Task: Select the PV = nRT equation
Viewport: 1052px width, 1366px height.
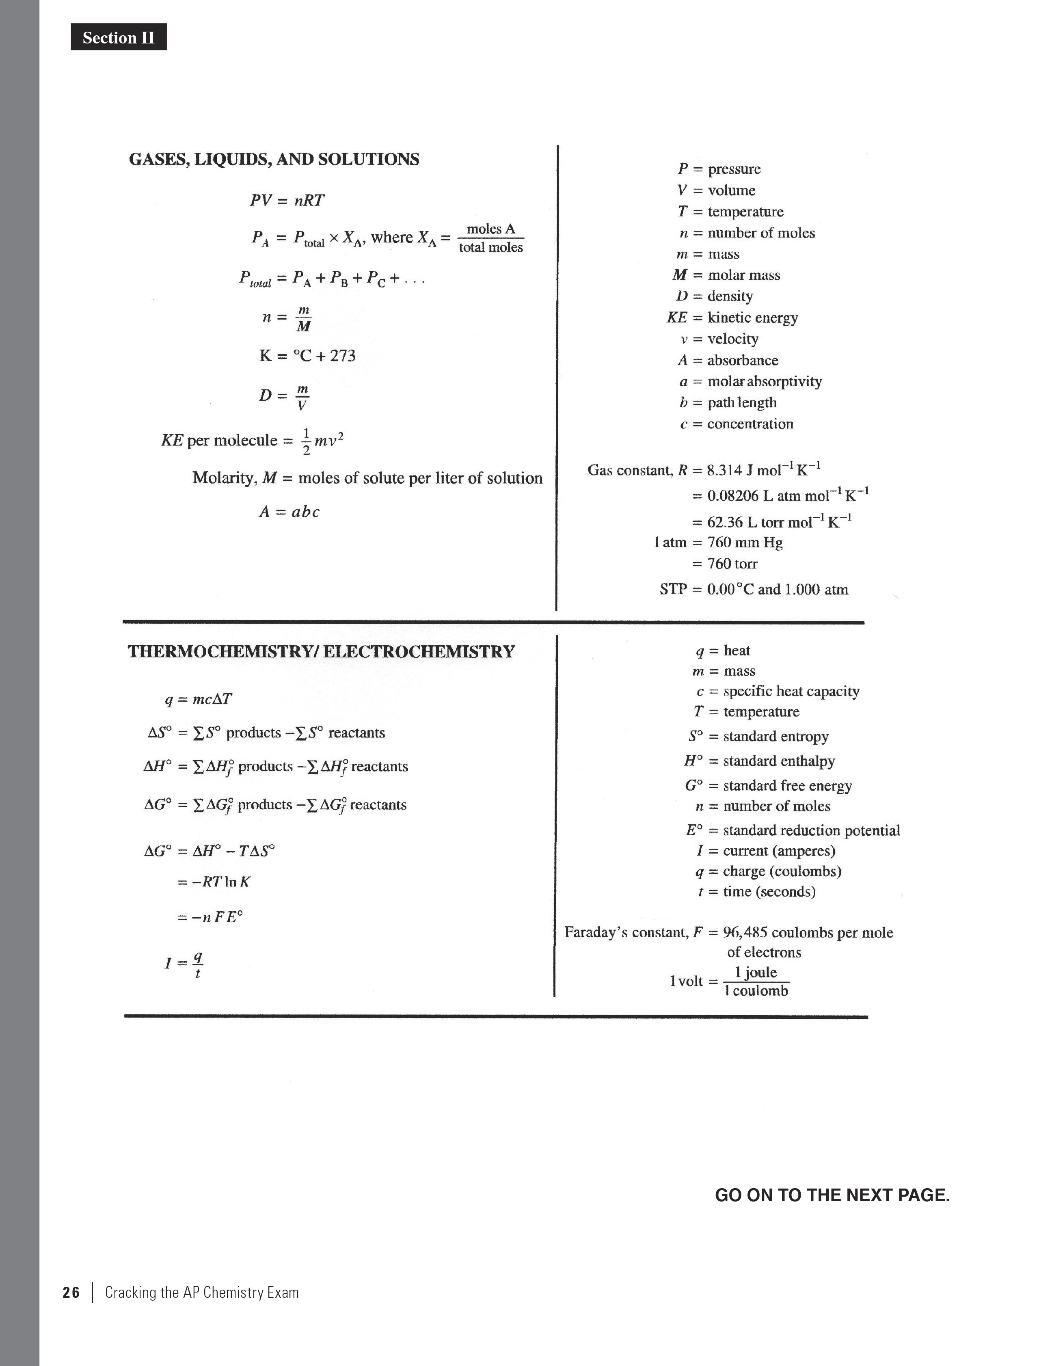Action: (x=287, y=200)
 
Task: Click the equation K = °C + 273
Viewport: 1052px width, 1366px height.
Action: (x=307, y=356)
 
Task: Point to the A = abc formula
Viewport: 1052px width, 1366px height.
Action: (x=289, y=512)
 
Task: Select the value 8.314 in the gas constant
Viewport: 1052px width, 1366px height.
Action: (x=724, y=470)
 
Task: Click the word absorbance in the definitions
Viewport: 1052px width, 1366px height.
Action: (x=742, y=360)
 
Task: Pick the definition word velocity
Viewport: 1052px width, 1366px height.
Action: (x=732, y=339)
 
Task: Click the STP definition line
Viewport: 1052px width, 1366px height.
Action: (x=754, y=589)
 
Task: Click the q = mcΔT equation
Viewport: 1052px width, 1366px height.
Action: (x=198, y=699)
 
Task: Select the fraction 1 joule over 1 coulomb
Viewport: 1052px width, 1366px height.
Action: (x=756, y=981)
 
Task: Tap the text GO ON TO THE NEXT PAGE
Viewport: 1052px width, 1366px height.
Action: (x=832, y=1195)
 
